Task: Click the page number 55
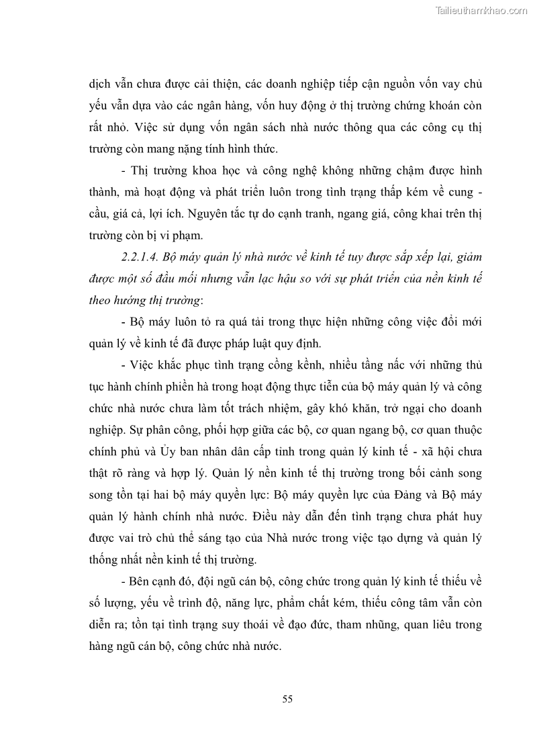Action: (287, 699)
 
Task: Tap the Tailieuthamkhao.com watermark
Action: (482, 10)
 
